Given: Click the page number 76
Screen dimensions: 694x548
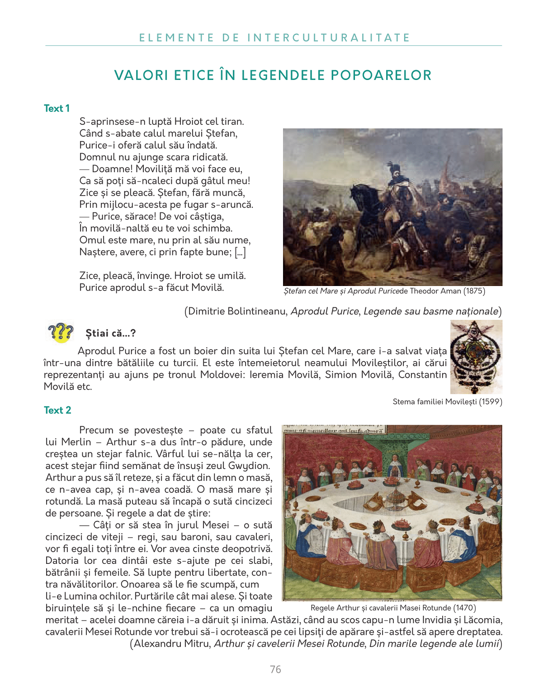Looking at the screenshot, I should pos(275,670).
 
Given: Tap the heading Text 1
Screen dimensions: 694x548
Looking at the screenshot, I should pos(57,108).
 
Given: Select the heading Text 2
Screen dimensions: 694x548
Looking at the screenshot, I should pos(57,410).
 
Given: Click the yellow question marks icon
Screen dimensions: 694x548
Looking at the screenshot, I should pos(60,333).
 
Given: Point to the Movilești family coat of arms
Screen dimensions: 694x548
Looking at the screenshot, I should pos(476,357).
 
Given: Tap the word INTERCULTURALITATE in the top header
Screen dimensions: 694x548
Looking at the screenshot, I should pos(329,38).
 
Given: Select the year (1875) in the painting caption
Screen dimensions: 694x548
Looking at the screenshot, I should pos(474,291).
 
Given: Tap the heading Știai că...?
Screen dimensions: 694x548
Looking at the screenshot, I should pos(111,333).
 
